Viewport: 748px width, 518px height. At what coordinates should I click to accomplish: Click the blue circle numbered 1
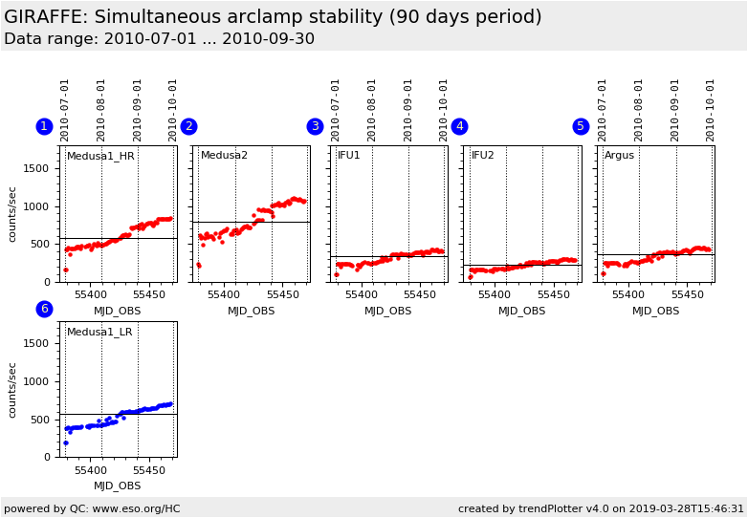[44, 126]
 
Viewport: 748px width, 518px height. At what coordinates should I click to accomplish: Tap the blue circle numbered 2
[188, 126]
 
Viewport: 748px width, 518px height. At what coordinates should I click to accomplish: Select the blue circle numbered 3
[315, 126]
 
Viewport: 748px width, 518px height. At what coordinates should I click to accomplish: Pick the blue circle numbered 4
[459, 126]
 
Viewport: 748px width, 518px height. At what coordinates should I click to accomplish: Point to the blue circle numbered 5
[581, 126]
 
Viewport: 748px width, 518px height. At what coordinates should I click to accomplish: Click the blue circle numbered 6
[44, 309]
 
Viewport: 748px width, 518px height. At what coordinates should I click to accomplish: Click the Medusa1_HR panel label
[100, 156]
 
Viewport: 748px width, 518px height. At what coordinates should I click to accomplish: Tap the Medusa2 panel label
[224, 156]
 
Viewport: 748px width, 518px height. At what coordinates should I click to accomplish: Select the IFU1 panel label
[349, 156]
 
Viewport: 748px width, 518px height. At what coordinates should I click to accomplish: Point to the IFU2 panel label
[483, 156]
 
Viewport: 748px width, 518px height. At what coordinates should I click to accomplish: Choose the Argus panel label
[619, 156]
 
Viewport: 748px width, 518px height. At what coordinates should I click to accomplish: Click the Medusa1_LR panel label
[99, 332]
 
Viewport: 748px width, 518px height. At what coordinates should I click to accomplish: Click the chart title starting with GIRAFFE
[273, 17]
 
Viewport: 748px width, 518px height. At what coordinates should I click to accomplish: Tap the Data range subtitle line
[159, 39]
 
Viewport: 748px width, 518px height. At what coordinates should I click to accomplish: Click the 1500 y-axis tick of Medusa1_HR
[36, 168]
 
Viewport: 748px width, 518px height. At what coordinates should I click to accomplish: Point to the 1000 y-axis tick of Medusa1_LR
[36, 381]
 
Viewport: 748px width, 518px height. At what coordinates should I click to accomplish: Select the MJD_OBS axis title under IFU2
[521, 311]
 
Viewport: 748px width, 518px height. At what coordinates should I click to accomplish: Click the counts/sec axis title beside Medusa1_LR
[13, 389]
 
